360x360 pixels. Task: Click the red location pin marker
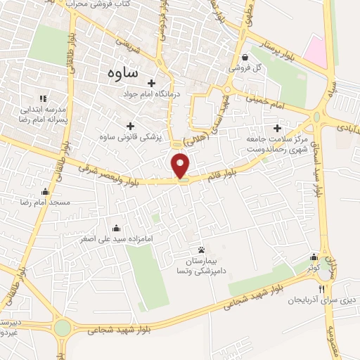tap(181, 166)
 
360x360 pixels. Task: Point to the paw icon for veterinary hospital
tap(202, 250)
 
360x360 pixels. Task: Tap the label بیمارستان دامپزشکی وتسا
tap(202, 265)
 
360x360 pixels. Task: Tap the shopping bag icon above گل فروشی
tap(244, 58)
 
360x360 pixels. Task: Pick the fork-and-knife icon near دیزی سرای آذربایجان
tap(322, 289)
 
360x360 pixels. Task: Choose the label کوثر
tap(313, 269)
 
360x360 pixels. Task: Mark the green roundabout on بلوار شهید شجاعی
tap(63, 328)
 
